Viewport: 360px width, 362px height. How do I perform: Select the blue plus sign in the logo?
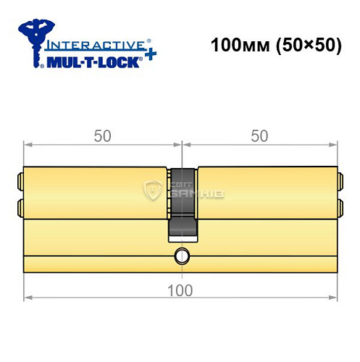point(149,56)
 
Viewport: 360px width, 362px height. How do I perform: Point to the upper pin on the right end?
point(340,179)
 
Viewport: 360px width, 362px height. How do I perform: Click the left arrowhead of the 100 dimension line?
point(27,298)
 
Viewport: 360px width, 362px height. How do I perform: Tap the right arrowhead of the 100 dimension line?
point(333,298)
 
